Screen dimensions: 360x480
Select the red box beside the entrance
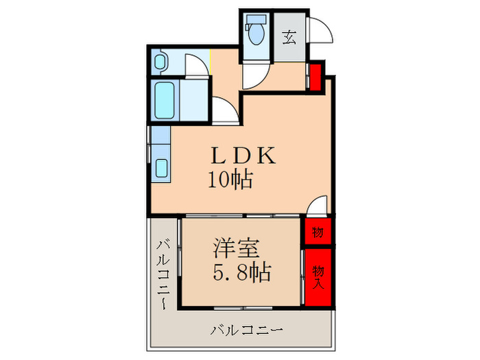tap(315, 77)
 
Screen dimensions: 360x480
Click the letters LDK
tap(243, 156)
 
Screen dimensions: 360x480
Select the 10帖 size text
tap(230, 180)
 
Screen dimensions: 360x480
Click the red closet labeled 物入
tap(318, 276)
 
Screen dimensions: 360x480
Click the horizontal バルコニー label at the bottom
tap(246, 331)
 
